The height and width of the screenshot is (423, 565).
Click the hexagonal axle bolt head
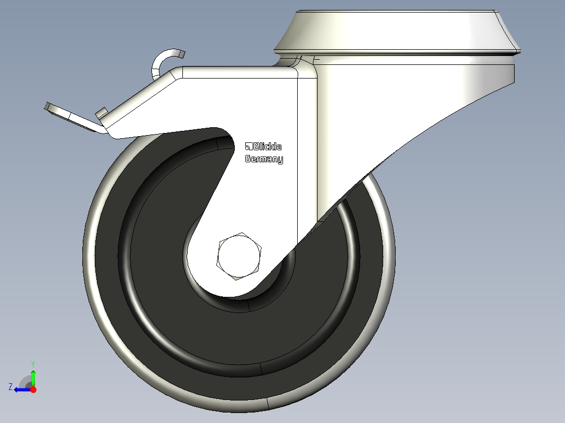(x=239, y=257)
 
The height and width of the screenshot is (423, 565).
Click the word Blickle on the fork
(x=267, y=147)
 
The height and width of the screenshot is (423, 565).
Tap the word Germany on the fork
(x=264, y=159)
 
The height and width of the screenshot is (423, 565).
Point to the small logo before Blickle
(x=249, y=147)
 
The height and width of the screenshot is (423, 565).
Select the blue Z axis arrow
(x=21, y=389)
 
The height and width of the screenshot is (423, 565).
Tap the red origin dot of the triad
(x=33, y=389)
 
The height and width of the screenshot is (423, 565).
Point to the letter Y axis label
(x=33, y=363)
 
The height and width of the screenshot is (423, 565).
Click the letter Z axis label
(x=10, y=387)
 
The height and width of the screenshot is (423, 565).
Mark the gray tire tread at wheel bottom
(x=236, y=400)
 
